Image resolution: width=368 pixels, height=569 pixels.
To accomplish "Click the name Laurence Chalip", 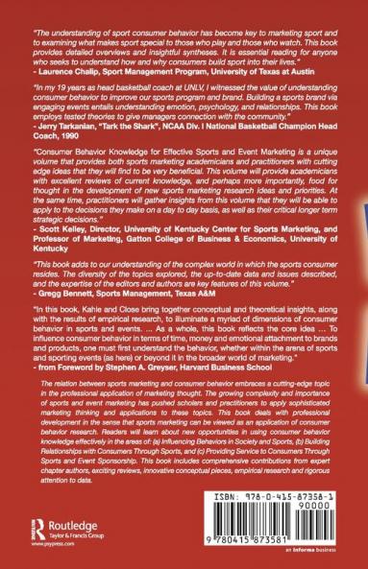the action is (x=66, y=72).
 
